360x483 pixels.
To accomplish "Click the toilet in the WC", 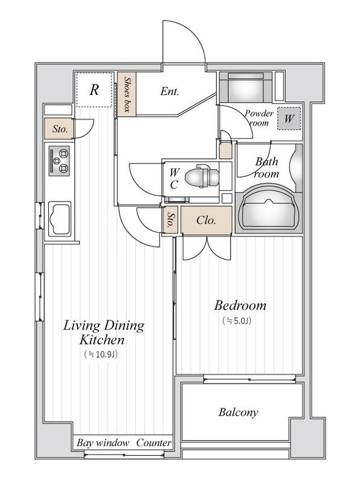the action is tap(202, 176).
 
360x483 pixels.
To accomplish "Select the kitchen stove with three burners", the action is tap(59, 161).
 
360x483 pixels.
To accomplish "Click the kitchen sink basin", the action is tap(60, 219).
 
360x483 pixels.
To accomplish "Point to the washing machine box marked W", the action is tap(289, 118).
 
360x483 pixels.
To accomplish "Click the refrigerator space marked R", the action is tap(94, 89).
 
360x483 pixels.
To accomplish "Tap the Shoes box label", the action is tap(127, 94).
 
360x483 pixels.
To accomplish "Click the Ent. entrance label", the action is tap(170, 91).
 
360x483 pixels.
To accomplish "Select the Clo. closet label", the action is tap(206, 220).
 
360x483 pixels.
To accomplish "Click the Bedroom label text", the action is tap(240, 305).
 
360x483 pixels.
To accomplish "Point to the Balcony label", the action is tap(238, 412).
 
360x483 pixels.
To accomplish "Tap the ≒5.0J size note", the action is tap(237, 321).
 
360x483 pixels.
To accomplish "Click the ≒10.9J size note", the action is tap(101, 354).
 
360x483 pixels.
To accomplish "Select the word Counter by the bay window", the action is tap(154, 443).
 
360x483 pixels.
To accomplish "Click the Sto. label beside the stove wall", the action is tap(60, 129).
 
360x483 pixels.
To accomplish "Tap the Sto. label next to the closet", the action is tap(170, 220).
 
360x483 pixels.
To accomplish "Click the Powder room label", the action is tap(259, 118).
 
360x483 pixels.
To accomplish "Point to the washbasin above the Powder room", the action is tap(246, 86).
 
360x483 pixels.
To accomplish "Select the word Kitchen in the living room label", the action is tap(102, 340).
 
